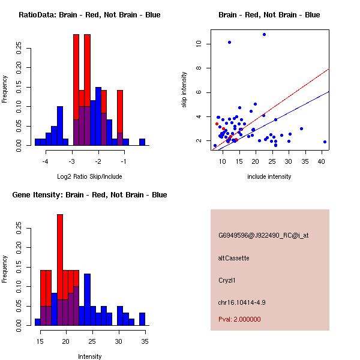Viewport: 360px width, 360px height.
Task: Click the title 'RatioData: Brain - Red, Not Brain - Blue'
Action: (89, 15)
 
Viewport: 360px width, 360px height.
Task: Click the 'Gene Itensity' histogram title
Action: (89, 195)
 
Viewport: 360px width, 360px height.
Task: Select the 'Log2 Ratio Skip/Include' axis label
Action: (89, 176)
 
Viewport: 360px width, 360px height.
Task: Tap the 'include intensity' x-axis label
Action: (269, 176)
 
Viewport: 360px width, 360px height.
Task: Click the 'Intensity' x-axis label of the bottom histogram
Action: (89, 356)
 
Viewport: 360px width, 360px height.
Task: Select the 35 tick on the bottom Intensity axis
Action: (145, 342)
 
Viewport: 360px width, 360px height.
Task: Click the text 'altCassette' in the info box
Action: (233, 258)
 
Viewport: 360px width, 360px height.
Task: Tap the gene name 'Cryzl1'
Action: (227, 280)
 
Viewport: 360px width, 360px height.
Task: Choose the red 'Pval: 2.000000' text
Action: (239, 319)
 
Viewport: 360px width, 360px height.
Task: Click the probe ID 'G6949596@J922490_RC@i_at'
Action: (263, 236)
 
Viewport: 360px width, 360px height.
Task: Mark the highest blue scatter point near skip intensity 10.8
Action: (264, 35)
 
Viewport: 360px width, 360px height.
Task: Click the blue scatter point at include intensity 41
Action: (325, 142)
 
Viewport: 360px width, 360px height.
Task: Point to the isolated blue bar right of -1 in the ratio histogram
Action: (142, 142)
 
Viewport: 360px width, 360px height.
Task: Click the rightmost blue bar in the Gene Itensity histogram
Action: (142, 319)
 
